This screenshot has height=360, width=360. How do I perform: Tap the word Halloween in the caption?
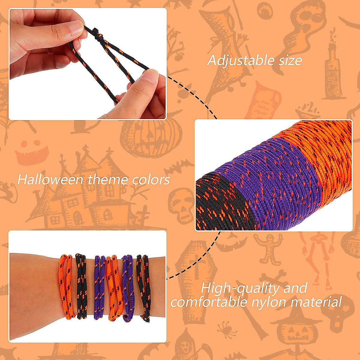pos(50,180)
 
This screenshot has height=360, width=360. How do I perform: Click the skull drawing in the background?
pos(181,204)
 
